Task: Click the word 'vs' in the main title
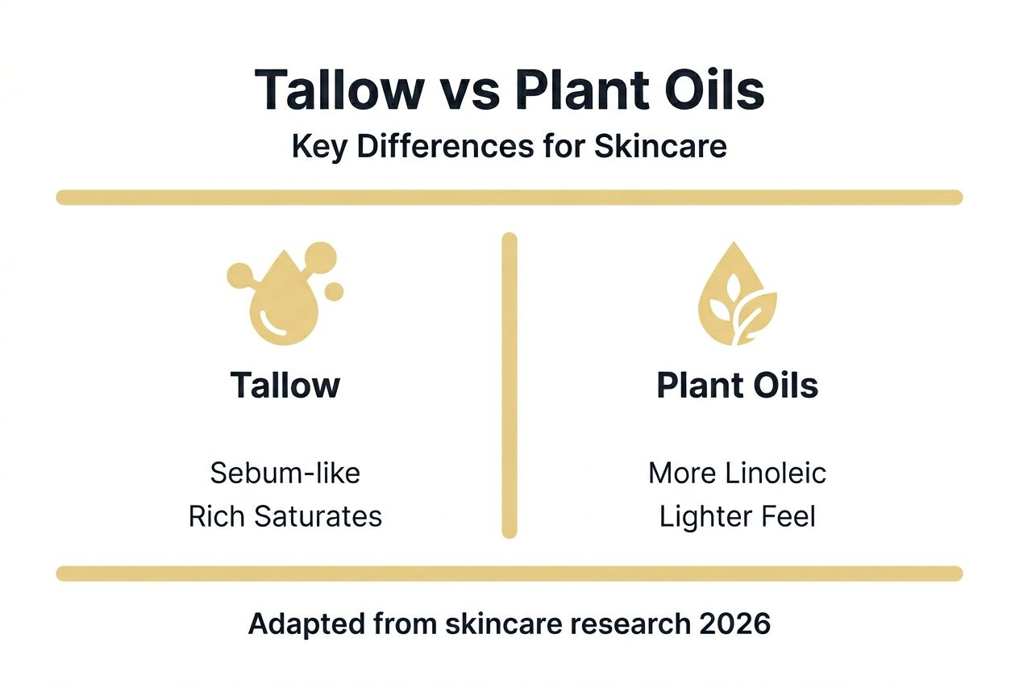[x=472, y=91]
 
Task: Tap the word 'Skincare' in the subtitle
[x=660, y=147]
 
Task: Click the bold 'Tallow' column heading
[x=285, y=386]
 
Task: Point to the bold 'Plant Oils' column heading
[x=738, y=386]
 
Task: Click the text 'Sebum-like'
[x=285, y=473]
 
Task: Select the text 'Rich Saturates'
[x=285, y=516]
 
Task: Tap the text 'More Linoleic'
[x=737, y=473]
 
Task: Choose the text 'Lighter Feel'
[x=738, y=517]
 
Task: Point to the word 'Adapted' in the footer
[x=306, y=624]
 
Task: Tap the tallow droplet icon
[x=285, y=294]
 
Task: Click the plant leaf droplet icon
[x=738, y=294]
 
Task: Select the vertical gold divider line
[x=509, y=386]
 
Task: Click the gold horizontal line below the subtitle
[x=509, y=198]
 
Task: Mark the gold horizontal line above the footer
[x=509, y=573]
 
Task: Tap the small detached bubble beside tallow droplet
[x=334, y=292]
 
